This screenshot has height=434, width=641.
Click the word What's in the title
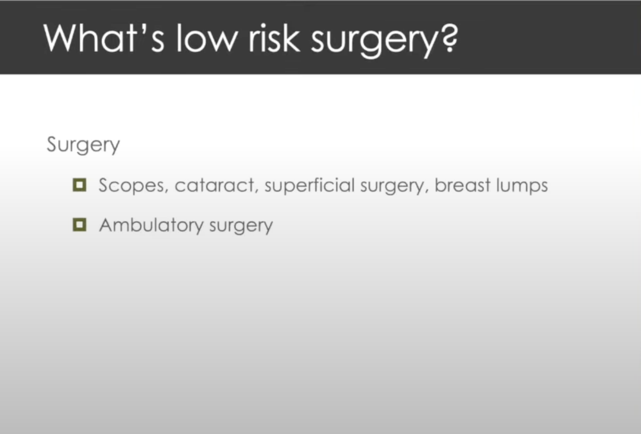click(104, 38)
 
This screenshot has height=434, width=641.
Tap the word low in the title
click(207, 38)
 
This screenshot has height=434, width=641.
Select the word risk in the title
click(274, 38)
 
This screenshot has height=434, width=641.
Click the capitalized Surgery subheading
click(83, 145)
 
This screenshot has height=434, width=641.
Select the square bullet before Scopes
click(80, 185)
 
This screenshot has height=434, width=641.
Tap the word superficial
click(310, 185)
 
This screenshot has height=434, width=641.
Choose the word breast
click(462, 184)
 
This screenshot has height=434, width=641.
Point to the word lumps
click(522, 185)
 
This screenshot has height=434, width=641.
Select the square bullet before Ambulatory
click(80, 225)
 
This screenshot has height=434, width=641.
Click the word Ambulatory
click(151, 225)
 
